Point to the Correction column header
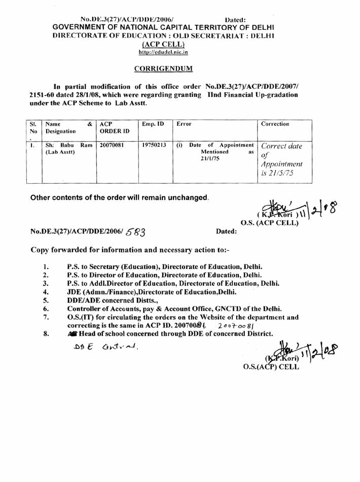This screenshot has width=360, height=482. click(280, 124)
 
